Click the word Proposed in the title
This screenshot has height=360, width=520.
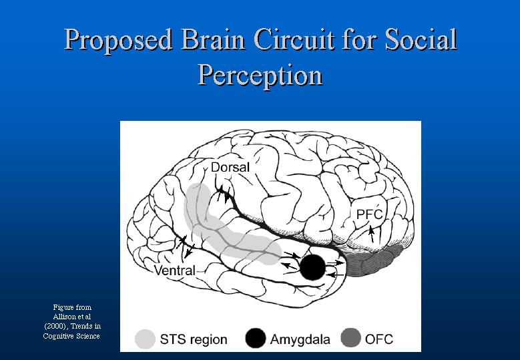tap(118, 41)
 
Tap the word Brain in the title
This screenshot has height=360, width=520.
tap(213, 39)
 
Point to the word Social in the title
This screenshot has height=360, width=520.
tap(421, 39)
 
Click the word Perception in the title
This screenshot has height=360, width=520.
tap(260, 75)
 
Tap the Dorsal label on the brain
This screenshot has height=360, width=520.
tap(230, 167)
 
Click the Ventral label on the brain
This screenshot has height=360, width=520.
tap(175, 271)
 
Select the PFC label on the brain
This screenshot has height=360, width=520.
tap(369, 214)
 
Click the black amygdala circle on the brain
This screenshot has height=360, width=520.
tap(312, 267)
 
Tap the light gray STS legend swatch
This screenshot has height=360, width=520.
tap(146, 339)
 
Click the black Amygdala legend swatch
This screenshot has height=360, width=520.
tap(256, 338)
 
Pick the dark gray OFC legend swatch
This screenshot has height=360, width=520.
tap(351, 338)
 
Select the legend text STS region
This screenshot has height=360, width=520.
tap(194, 339)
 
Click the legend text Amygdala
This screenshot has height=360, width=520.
tap(300, 340)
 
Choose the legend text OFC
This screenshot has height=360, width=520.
tap(379, 339)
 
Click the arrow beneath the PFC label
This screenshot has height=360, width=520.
tap(371, 234)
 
